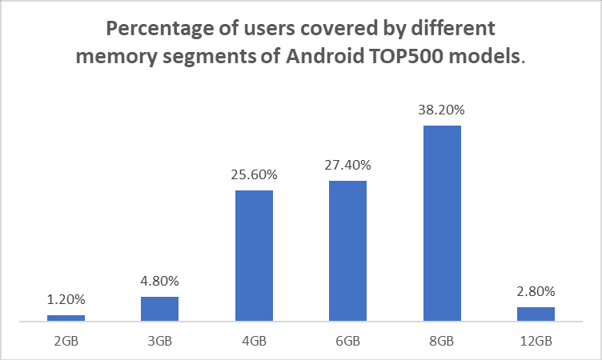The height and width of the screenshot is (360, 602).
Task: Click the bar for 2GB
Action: coord(66,318)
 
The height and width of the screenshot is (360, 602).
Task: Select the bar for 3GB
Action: coord(159,309)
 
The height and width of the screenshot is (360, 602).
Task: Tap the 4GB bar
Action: coord(254,255)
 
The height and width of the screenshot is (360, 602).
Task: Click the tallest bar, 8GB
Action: coord(442,223)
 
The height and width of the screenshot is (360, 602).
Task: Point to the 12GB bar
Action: coord(536,314)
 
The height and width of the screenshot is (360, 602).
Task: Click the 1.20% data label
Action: coord(66,299)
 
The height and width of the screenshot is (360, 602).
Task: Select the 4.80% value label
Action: coord(159,281)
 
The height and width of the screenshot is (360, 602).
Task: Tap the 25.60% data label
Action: coord(254,174)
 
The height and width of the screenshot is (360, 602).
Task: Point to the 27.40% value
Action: coord(347,165)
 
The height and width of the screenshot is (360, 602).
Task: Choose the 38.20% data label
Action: coord(442,110)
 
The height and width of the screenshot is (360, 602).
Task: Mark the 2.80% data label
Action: coord(536,291)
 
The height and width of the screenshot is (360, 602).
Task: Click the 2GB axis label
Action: coord(66,341)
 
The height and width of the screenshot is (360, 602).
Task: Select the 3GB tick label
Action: coord(159,341)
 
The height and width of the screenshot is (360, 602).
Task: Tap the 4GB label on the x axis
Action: coord(254,341)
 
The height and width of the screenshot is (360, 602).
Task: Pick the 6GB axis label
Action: coord(347,341)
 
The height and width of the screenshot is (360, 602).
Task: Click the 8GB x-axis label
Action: coord(442,341)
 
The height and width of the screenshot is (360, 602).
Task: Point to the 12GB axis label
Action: coord(536,341)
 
